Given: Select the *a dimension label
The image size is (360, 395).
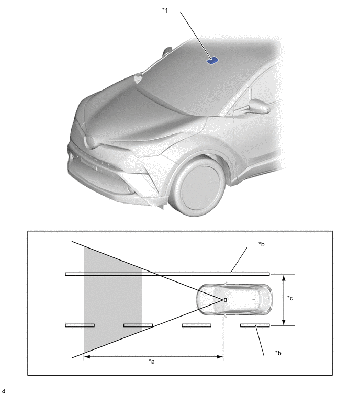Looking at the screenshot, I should pos(152,362).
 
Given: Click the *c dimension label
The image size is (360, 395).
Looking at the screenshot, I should pos(291,298).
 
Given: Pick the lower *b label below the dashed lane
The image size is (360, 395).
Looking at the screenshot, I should pos(279,353).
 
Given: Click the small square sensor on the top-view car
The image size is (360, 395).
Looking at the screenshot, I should pos(225,300).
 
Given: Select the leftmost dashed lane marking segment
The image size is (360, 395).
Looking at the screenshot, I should pos(80,325).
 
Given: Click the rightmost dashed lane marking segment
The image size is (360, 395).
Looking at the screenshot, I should pos(255,325).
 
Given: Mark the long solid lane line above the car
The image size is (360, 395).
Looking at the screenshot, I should pos(167,274).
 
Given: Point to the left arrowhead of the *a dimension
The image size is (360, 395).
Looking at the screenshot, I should pos(86,357).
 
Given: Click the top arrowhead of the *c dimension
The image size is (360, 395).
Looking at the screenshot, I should pos(283,276).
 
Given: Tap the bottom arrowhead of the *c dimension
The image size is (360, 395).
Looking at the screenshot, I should pos(283,323).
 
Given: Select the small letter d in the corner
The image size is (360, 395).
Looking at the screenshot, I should pos(3,391).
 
